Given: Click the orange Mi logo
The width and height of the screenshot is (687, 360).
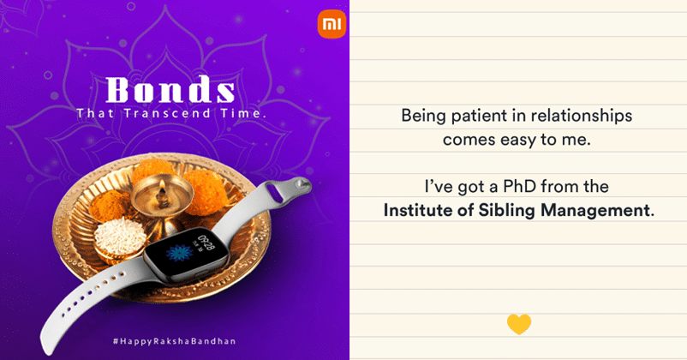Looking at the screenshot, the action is coord(332,24).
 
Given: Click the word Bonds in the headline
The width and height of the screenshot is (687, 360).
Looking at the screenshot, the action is coord(170,90).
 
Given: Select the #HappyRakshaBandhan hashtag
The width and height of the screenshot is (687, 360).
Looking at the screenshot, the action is coord(175,340).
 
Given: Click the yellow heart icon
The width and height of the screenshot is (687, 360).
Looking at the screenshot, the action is coord(519,324).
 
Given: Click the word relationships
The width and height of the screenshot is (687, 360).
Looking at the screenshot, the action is coord(582,117).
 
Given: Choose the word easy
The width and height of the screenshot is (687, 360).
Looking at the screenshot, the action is coord(517,141).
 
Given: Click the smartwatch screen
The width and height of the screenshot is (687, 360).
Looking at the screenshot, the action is coord(187,252).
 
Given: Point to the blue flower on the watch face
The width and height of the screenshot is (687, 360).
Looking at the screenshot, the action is coord(179,253).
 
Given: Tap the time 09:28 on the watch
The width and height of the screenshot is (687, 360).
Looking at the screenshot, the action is coord(206,243).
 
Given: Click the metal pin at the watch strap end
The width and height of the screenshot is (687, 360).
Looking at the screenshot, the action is coord(303,184).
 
